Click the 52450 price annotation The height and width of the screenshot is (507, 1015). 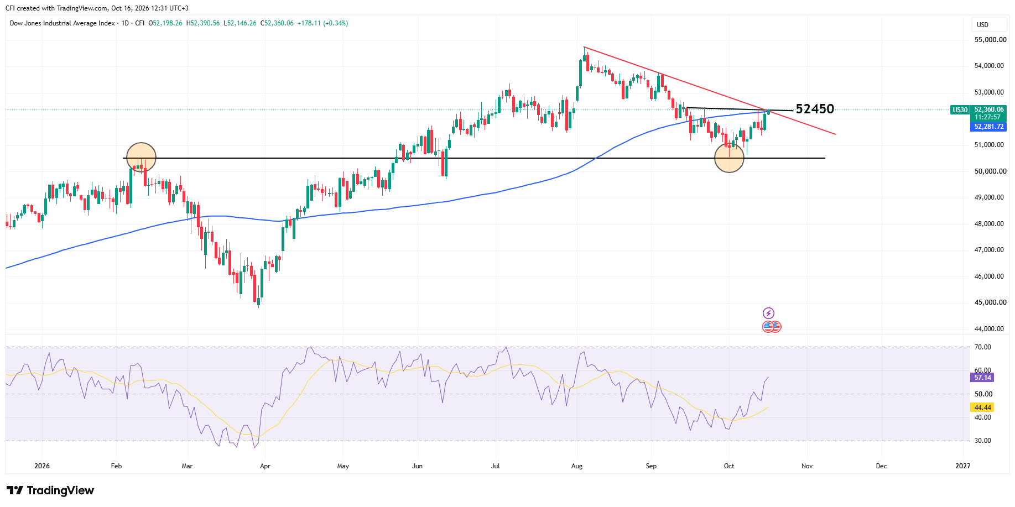(x=815, y=109)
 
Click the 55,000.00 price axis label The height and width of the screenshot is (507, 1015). (x=990, y=40)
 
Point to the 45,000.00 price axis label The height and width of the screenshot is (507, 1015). (x=989, y=302)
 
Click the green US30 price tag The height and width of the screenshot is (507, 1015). (x=960, y=110)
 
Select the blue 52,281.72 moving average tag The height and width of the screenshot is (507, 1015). (x=989, y=127)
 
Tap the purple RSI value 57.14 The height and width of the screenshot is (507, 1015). (x=982, y=378)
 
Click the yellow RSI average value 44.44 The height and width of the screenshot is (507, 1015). (x=982, y=407)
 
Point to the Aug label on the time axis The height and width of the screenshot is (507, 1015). (x=577, y=466)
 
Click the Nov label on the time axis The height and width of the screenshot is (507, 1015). (x=807, y=466)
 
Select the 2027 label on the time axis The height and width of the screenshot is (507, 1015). (x=963, y=466)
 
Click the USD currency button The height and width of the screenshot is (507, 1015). (x=982, y=25)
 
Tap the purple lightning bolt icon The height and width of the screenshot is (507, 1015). (x=768, y=313)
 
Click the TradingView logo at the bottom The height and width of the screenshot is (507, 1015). (x=50, y=490)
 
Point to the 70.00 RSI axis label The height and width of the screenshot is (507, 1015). (x=983, y=347)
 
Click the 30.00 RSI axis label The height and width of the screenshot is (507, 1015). (x=983, y=441)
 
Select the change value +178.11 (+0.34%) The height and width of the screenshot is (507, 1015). (x=322, y=23)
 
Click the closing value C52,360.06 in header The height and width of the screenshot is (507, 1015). (x=277, y=23)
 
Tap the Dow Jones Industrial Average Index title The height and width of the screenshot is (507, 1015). (x=63, y=23)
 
